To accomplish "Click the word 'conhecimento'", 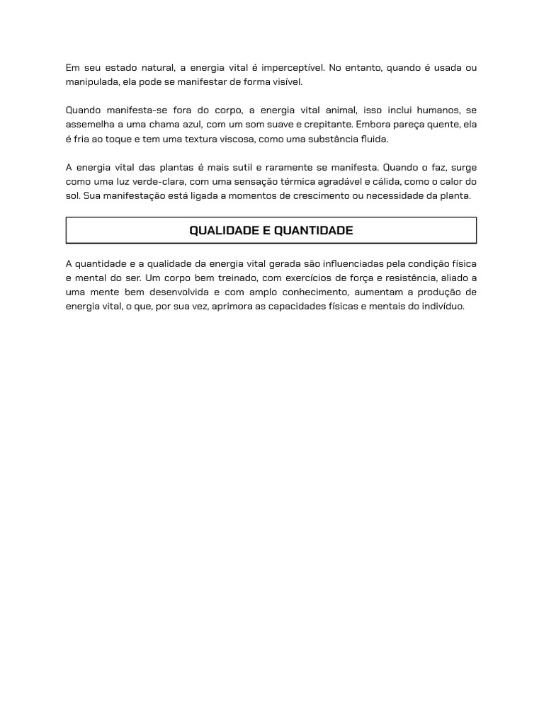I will coord(312,292).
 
